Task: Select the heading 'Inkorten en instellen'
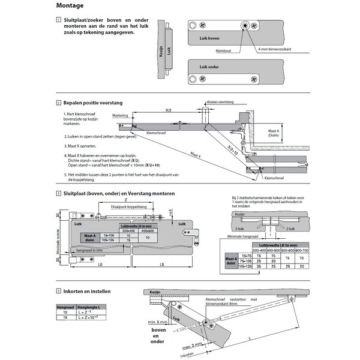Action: (x=91, y=292)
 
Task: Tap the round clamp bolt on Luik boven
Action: (x=245, y=26)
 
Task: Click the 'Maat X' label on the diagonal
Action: (x=195, y=154)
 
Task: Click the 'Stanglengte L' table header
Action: (x=89, y=307)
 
